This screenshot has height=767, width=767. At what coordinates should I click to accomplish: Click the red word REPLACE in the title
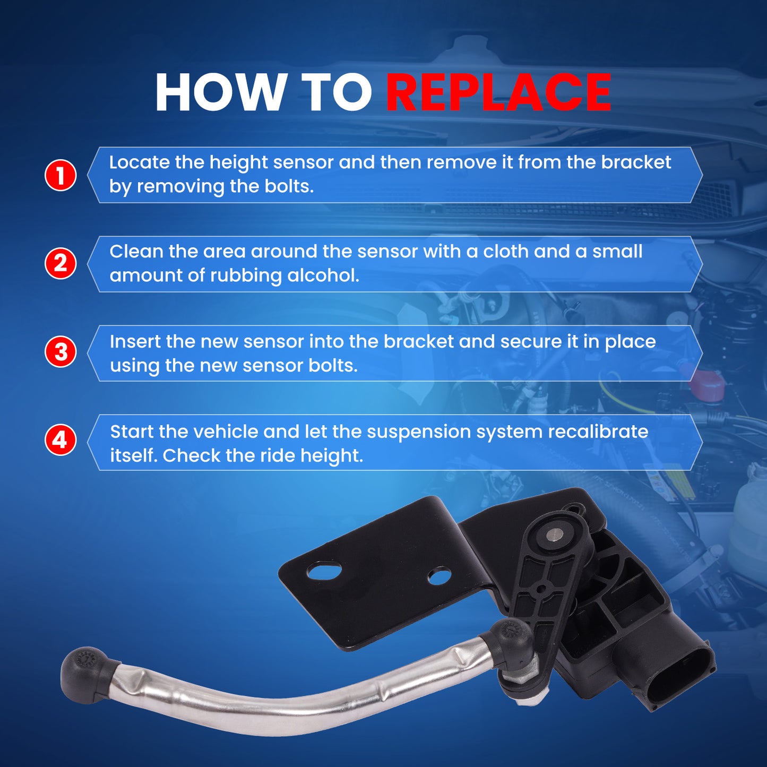tap(498, 92)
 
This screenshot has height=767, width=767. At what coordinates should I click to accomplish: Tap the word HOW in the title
tap(219, 92)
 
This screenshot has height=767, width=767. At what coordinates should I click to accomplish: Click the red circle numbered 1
tap(61, 175)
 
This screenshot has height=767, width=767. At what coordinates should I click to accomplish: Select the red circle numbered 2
tap(61, 263)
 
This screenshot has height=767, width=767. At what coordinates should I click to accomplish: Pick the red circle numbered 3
tap(61, 352)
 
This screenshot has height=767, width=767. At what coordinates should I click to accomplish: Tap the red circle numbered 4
tap(61, 441)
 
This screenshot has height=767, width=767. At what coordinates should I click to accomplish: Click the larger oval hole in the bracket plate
tap(324, 573)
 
